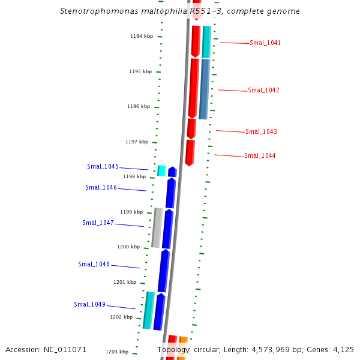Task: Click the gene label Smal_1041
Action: coord(265,43)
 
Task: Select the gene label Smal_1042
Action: coord(263,91)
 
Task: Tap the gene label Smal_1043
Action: coord(261,132)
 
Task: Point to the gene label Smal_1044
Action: coord(260,156)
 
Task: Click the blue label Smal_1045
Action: coord(103,167)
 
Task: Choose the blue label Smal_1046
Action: coord(101,188)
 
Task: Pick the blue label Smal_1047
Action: coord(98,223)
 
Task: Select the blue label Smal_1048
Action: coord(94,265)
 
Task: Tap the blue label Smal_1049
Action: coord(89,305)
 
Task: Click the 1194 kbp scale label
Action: coord(142,37)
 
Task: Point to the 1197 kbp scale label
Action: coord(137,142)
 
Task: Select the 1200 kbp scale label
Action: coord(128,247)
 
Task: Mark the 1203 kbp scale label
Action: coord(117,352)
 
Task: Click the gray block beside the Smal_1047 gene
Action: coord(157,228)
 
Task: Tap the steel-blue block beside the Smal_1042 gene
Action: coord(204,89)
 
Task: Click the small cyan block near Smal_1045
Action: coord(161,170)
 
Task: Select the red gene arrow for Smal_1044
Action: coord(190,152)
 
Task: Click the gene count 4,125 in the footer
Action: coord(343,350)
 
